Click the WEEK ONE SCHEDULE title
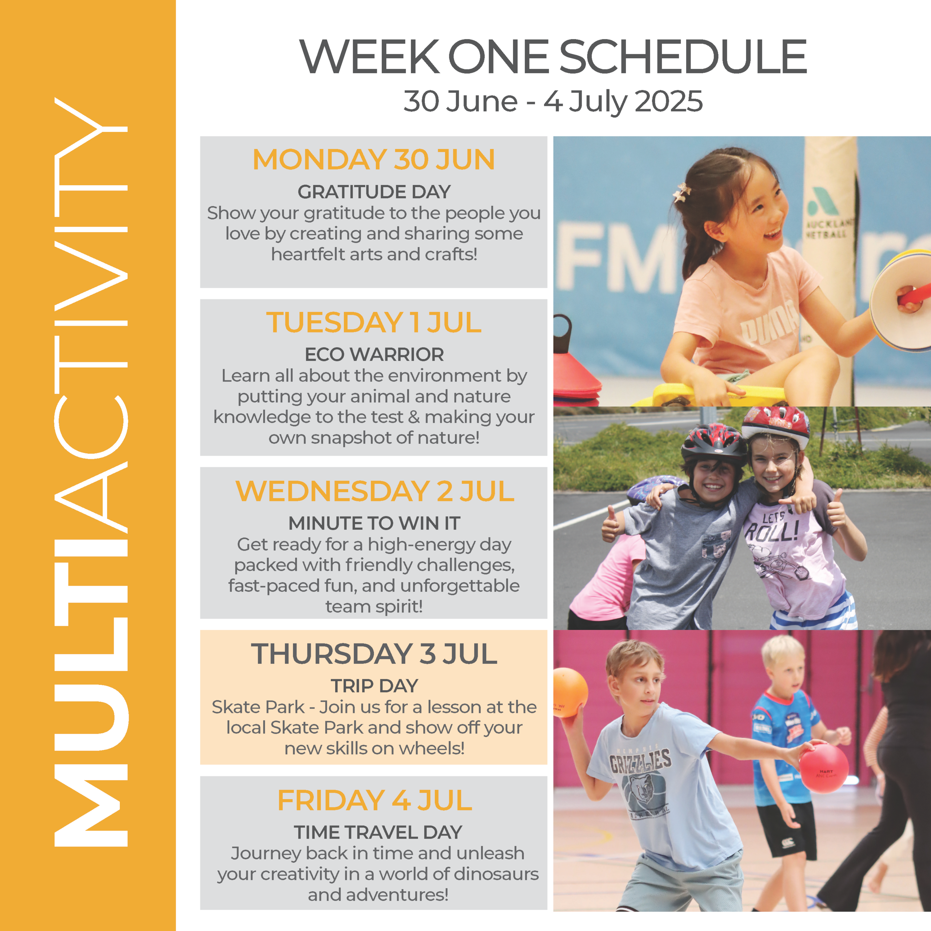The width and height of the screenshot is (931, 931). (553, 57)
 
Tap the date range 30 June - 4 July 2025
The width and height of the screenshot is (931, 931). (553, 102)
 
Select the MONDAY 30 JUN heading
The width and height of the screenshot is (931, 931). (373, 160)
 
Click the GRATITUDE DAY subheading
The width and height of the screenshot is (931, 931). (374, 192)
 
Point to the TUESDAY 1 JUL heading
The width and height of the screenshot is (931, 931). (373, 322)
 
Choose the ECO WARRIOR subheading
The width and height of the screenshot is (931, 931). (374, 355)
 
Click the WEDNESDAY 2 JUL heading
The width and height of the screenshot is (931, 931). (375, 491)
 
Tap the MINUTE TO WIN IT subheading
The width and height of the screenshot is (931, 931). (374, 523)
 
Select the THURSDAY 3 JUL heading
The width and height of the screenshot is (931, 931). (374, 654)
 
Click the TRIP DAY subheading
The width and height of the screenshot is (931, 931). (374, 686)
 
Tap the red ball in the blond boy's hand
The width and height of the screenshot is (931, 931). (824, 768)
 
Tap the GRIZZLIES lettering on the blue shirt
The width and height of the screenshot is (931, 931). (640, 762)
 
